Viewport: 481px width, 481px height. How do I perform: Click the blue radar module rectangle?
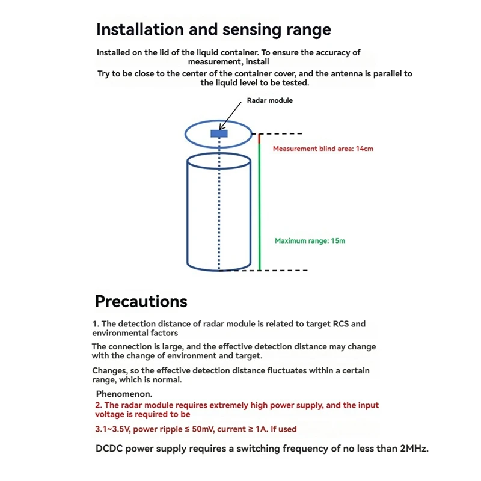[219, 133]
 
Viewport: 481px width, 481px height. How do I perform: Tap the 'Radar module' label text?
[269, 100]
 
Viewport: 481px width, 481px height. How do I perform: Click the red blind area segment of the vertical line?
[259, 139]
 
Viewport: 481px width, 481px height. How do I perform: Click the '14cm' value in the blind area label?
[364, 148]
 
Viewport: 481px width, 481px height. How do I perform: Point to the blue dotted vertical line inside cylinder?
[219, 204]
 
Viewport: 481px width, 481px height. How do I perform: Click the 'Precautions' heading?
[141, 301]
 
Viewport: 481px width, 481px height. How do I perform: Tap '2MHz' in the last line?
[414, 449]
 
